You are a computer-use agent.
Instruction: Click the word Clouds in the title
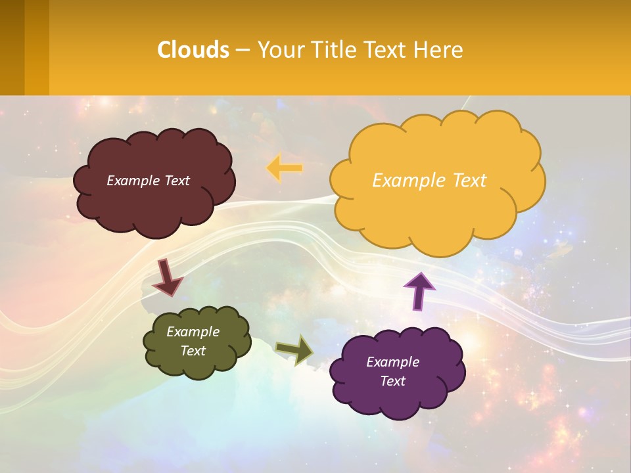click(193, 50)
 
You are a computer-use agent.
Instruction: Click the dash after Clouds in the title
click(242, 51)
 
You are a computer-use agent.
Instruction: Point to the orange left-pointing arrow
click(284, 168)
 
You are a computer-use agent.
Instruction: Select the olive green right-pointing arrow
click(295, 349)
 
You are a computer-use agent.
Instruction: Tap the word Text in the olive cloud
click(193, 351)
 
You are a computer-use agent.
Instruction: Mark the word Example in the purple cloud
click(392, 362)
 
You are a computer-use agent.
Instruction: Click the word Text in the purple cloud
click(392, 381)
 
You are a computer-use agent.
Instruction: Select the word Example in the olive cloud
click(193, 332)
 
